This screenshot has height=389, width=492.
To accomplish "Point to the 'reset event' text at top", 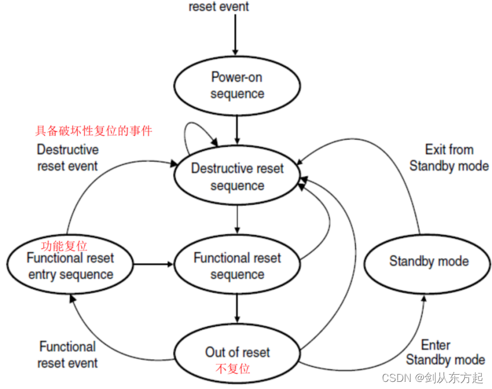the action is (x=219, y=7).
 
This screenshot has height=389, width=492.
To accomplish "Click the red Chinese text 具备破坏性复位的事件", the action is (x=94, y=131).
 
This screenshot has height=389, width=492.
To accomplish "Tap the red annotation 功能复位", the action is (x=64, y=246).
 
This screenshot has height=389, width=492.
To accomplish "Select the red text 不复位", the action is (x=233, y=369).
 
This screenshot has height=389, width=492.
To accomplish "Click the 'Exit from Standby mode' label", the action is (x=449, y=158).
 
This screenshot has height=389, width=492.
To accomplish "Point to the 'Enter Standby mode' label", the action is (x=446, y=353).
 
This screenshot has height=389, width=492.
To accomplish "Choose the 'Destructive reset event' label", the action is (x=68, y=157).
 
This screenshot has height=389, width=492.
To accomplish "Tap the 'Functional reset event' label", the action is (x=68, y=355).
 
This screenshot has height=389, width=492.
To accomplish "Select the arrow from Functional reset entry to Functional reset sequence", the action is (x=154, y=265).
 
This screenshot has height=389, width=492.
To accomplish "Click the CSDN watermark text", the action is (x=432, y=378).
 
